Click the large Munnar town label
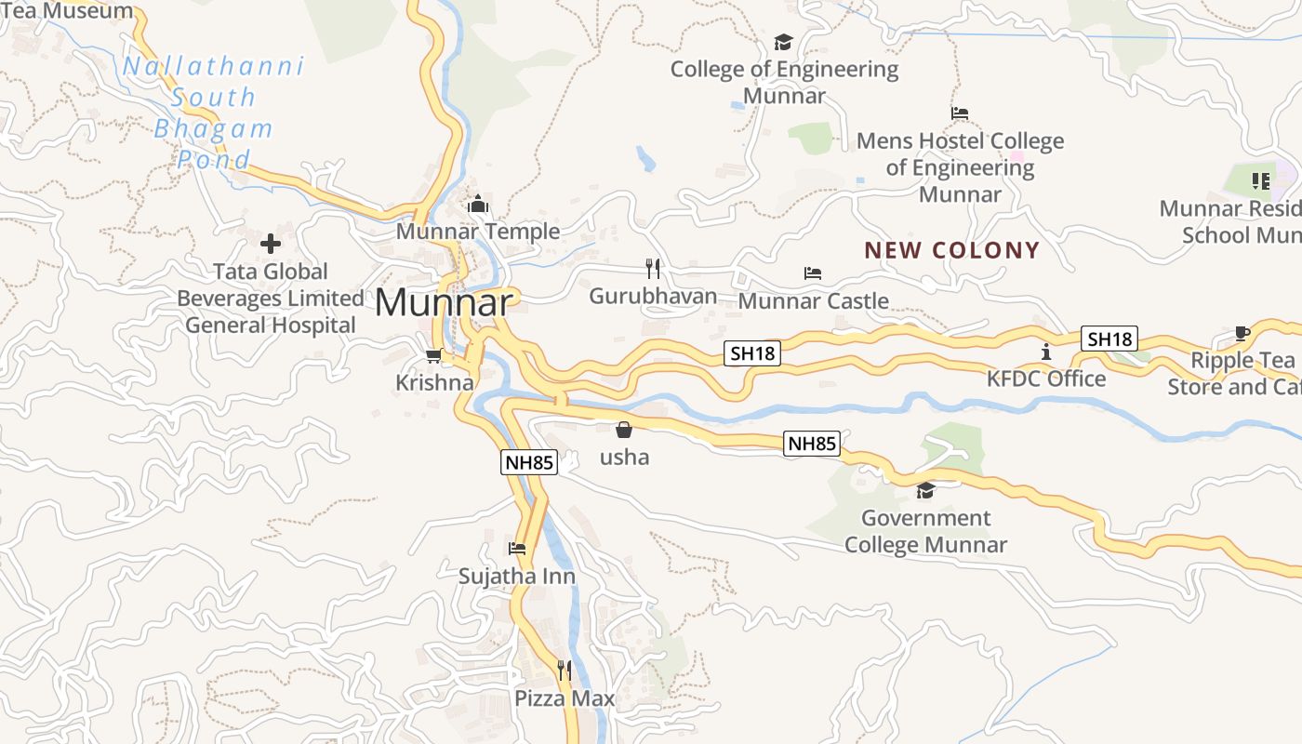click(x=444, y=302)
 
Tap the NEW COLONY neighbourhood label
click(x=951, y=250)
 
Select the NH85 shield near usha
click(x=529, y=462)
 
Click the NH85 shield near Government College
click(x=812, y=444)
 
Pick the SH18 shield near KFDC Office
click(x=1109, y=339)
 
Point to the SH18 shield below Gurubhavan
click(x=752, y=353)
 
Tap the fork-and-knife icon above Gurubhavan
click(x=653, y=269)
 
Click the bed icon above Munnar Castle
click(x=813, y=273)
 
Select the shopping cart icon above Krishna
click(x=434, y=355)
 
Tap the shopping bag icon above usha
click(x=624, y=430)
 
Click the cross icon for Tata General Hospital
click(x=271, y=244)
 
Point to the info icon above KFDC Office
click(x=1046, y=352)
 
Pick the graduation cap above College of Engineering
click(x=783, y=42)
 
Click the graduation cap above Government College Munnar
click(x=925, y=490)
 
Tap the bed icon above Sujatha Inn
click(x=517, y=549)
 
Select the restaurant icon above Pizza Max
click(x=564, y=670)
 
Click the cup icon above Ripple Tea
click(x=1242, y=333)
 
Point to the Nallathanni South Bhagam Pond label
click(x=214, y=113)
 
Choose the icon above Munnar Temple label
click(x=478, y=204)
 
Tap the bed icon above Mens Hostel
click(x=960, y=113)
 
